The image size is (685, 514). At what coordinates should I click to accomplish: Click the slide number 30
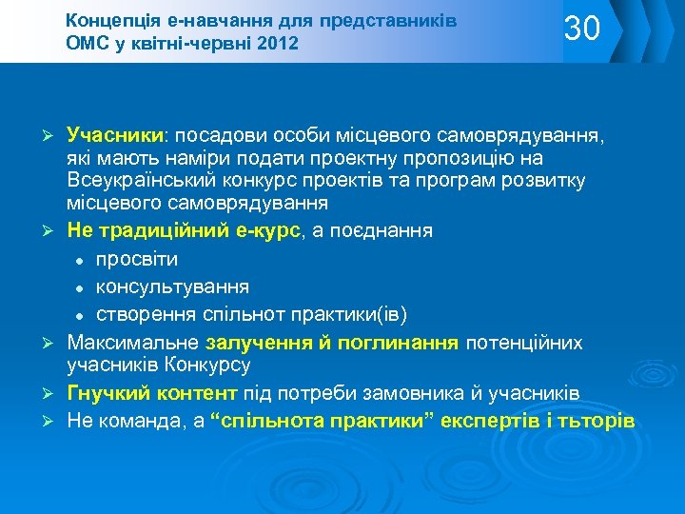click(582, 30)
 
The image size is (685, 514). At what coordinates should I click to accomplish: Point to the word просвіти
click(137, 258)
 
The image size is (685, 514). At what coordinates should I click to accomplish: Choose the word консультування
click(172, 286)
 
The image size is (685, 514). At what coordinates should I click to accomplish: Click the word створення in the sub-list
click(141, 313)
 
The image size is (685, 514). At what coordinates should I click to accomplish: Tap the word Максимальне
click(131, 342)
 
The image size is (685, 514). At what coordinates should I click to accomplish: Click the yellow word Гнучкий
click(104, 392)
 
